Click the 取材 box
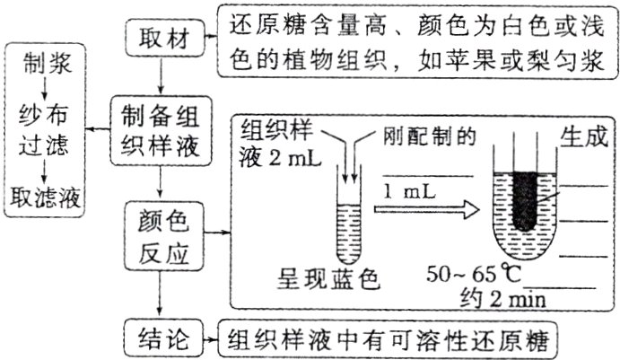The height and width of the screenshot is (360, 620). click(x=161, y=40)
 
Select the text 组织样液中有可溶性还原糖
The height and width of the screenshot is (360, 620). click(x=388, y=339)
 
